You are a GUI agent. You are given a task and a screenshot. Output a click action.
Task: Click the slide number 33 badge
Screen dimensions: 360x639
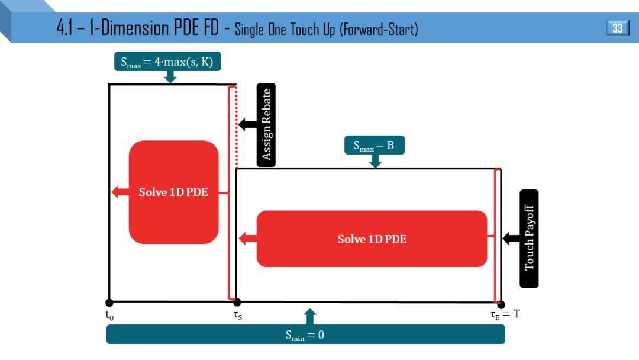(x=617, y=28)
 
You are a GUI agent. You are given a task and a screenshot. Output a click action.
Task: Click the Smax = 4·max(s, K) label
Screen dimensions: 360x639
(x=167, y=62)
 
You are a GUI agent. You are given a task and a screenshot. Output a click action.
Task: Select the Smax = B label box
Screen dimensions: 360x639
(x=374, y=145)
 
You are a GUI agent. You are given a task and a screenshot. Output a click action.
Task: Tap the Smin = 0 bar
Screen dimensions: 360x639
(x=305, y=335)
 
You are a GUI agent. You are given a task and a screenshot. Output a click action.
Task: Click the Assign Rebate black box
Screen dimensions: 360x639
(x=266, y=124)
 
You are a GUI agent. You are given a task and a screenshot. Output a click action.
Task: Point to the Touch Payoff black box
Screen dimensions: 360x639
(x=529, y=239)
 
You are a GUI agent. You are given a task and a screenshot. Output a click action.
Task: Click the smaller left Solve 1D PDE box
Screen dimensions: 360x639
(x=173, y=192)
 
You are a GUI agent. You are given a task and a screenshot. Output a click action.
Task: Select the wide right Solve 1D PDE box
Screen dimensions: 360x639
(x=372, y=239)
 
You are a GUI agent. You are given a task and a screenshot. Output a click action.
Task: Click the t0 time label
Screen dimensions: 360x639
(x=109, y=316)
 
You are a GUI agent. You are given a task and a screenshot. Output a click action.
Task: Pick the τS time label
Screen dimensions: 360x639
(x=237, y=316)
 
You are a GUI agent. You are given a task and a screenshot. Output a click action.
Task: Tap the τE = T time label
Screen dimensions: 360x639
(x=505, y=314)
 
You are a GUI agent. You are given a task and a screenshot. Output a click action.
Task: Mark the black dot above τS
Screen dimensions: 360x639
(x=237, y=303)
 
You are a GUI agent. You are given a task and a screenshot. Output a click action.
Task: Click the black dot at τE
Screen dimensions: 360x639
(x=501, y=304)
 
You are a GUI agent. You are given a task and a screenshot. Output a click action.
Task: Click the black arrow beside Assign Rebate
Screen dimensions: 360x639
(x=247, y=124)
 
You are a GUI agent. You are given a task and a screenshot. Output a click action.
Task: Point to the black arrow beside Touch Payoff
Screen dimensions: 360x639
(x=511, y=239)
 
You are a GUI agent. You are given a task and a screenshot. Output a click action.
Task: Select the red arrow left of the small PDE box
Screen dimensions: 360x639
(x=120, y=192)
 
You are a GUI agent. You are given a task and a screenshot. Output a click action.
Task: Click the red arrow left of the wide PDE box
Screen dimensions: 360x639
(x=247, y=239)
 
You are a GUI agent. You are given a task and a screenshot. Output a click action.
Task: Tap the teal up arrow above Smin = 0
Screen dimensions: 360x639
(x=310, y=317)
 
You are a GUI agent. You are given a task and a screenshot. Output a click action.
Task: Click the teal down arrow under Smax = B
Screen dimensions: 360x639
(x=375, y=161)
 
